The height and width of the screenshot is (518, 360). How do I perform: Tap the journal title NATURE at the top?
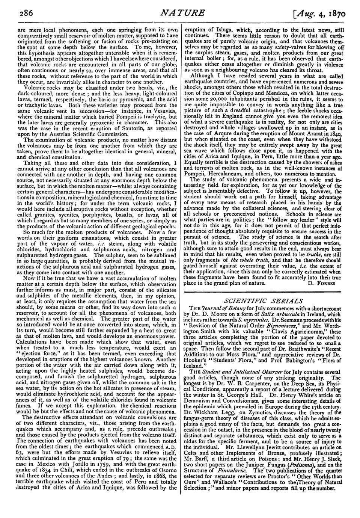point(182,12)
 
